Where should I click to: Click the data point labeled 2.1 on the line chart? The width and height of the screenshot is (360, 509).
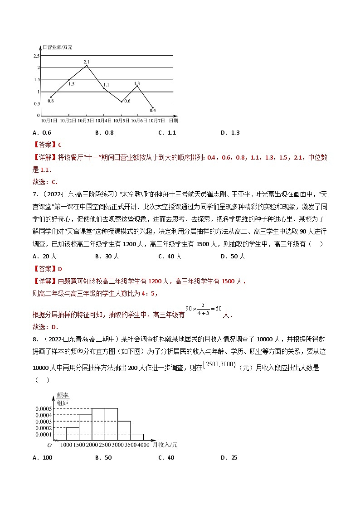(87, 66)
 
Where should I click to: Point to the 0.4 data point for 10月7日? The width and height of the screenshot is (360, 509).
(152, 108)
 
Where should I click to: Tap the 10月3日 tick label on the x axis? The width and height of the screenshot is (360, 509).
(86, 121)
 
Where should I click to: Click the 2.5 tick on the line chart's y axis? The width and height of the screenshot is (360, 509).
(36, 56)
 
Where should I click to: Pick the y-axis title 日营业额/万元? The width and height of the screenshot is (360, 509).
(57, 47)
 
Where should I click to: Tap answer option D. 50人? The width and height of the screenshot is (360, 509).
(233, 256)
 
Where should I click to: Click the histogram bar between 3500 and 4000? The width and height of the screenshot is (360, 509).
(137, 437)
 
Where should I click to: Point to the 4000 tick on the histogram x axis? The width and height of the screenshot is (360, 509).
(143, 445)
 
